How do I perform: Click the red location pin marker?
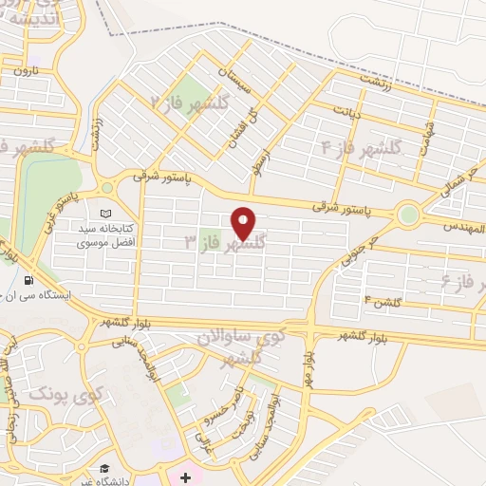click(244, 223)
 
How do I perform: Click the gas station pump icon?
click(29, 282)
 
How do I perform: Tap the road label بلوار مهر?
click(309, 362)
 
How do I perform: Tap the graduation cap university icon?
click(105, 469)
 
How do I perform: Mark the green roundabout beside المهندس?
click(408, 215)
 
